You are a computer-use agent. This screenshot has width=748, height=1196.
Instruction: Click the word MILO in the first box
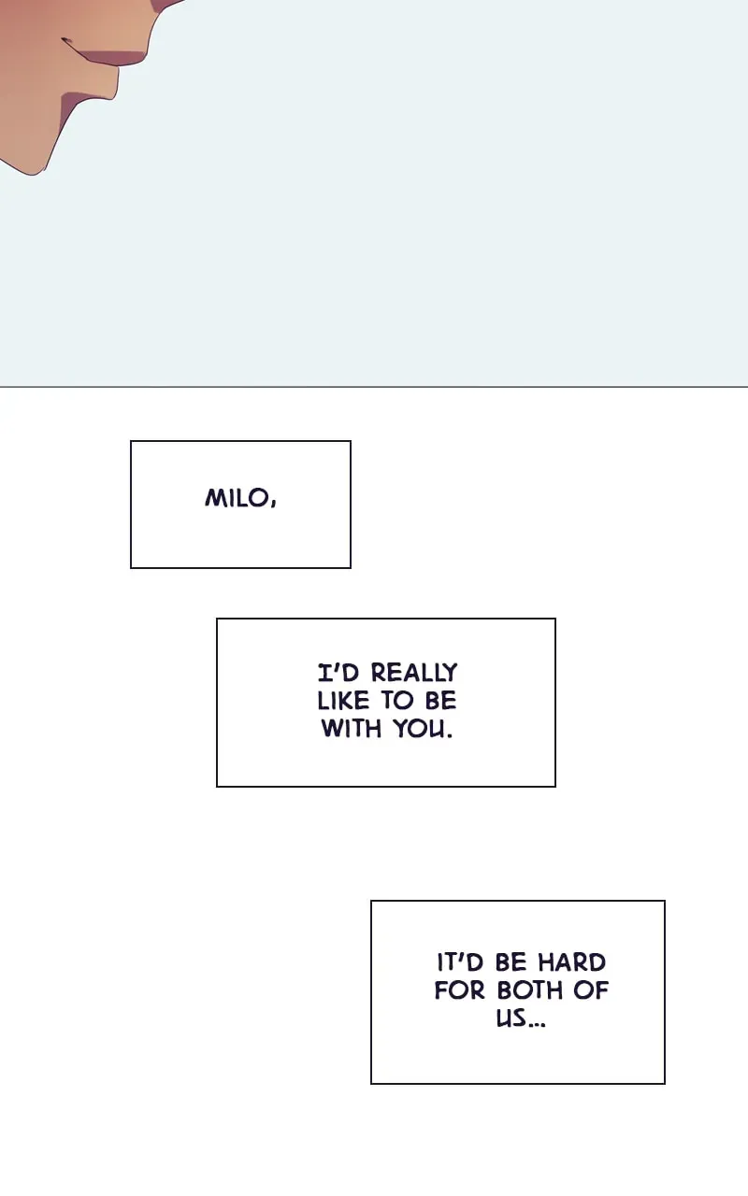(237, 498)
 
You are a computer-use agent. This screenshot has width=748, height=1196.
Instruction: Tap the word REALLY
(414, 672)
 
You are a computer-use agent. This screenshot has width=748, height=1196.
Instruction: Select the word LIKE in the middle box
(343, 701)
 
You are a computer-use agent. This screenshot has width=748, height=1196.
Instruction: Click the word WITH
(351, 728)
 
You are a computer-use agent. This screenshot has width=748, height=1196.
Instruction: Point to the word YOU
(419, 728)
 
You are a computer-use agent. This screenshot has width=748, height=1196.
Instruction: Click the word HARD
(571, 962)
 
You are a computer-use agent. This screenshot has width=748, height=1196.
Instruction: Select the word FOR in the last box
(459, 990)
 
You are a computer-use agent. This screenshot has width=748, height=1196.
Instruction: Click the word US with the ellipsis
(521, 1018)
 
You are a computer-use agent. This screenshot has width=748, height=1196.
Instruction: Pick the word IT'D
(460, 962)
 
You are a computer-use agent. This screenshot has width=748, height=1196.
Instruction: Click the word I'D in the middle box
(338, 672)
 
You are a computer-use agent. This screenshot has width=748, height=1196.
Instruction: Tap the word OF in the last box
(592, 990)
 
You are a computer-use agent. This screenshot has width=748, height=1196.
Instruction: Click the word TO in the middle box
(397, 701)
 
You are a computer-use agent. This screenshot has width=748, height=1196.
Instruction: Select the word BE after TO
(440, 701)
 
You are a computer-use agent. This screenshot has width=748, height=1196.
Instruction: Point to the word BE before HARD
(511, 962)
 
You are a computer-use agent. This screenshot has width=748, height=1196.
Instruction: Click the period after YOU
(450, 736)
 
